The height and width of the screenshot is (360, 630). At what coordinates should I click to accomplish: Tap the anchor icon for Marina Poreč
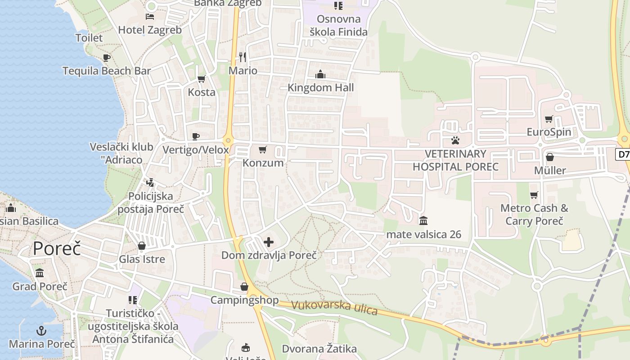coord(41,331)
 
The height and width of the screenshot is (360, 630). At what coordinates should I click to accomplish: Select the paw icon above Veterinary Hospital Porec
coord(455,140)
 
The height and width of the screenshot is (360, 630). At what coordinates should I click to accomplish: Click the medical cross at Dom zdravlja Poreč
coord(269,243)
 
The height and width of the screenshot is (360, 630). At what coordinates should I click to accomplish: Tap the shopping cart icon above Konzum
coord(263,149)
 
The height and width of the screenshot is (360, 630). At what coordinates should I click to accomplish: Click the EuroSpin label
coord(549,132)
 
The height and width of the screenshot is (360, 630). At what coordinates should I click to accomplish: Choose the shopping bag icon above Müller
coord(549,157)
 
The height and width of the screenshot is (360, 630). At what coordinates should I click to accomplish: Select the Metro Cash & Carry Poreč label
coord(534,215)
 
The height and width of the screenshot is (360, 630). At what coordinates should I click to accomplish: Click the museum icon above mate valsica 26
coord(423,221)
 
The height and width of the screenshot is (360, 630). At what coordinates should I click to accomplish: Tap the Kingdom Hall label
coord(320,88)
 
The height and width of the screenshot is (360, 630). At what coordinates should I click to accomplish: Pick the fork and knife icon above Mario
coord(243,57)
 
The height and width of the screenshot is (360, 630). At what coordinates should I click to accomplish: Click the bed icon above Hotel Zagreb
coord(150,17)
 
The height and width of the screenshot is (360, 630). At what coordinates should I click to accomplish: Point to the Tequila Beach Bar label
coord(107,71)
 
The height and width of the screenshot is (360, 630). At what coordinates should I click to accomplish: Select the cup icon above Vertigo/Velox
coord(196,136)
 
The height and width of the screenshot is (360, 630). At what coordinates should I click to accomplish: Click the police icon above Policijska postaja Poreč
coord(150,183)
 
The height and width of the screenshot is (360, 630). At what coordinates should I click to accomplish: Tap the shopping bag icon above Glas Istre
coord(142,246)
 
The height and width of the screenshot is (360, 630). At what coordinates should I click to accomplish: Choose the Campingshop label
coord(244,300)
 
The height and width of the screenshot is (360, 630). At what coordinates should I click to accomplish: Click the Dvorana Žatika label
coord(319,349)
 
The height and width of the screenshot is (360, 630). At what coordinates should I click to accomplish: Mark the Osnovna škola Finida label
coord(338,25)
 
